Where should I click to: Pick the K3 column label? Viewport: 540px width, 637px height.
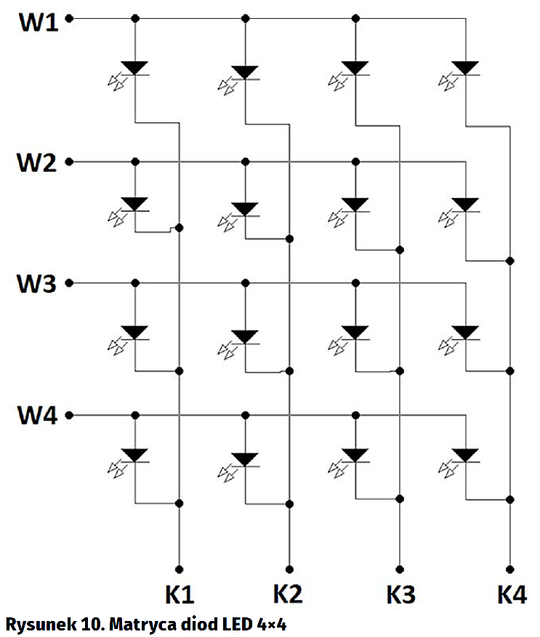pyautogui.click(x=400, y=595)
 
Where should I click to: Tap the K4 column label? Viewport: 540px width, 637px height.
pyautogui.click(x=512, y=594)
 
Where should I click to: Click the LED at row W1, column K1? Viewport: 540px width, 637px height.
pyautogui.click(x=135, y=68)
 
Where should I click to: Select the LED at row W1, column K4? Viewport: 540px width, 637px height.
pyautogui.click(x=464, y=68)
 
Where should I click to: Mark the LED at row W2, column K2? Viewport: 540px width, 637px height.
pyautogui.click(x=246, y=209)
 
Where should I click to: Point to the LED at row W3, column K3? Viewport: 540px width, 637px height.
pyautogui.click(x=355, y=332)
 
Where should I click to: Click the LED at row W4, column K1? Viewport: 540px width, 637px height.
pyautogui.click(x=135, y=455)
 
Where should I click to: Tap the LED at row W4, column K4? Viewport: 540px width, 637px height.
pyautogui.click(x=464, y=455)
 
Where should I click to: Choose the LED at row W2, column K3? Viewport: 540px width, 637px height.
pyautogui.click(x=355, y=204)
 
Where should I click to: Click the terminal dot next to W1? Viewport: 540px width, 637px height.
pyautogui.click(x=70, y=19)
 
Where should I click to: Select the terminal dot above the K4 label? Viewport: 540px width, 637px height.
pyautogui.click(x=510, y=569)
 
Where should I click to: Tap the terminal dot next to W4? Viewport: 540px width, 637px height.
pyautogui.click(x=70, y=416)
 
